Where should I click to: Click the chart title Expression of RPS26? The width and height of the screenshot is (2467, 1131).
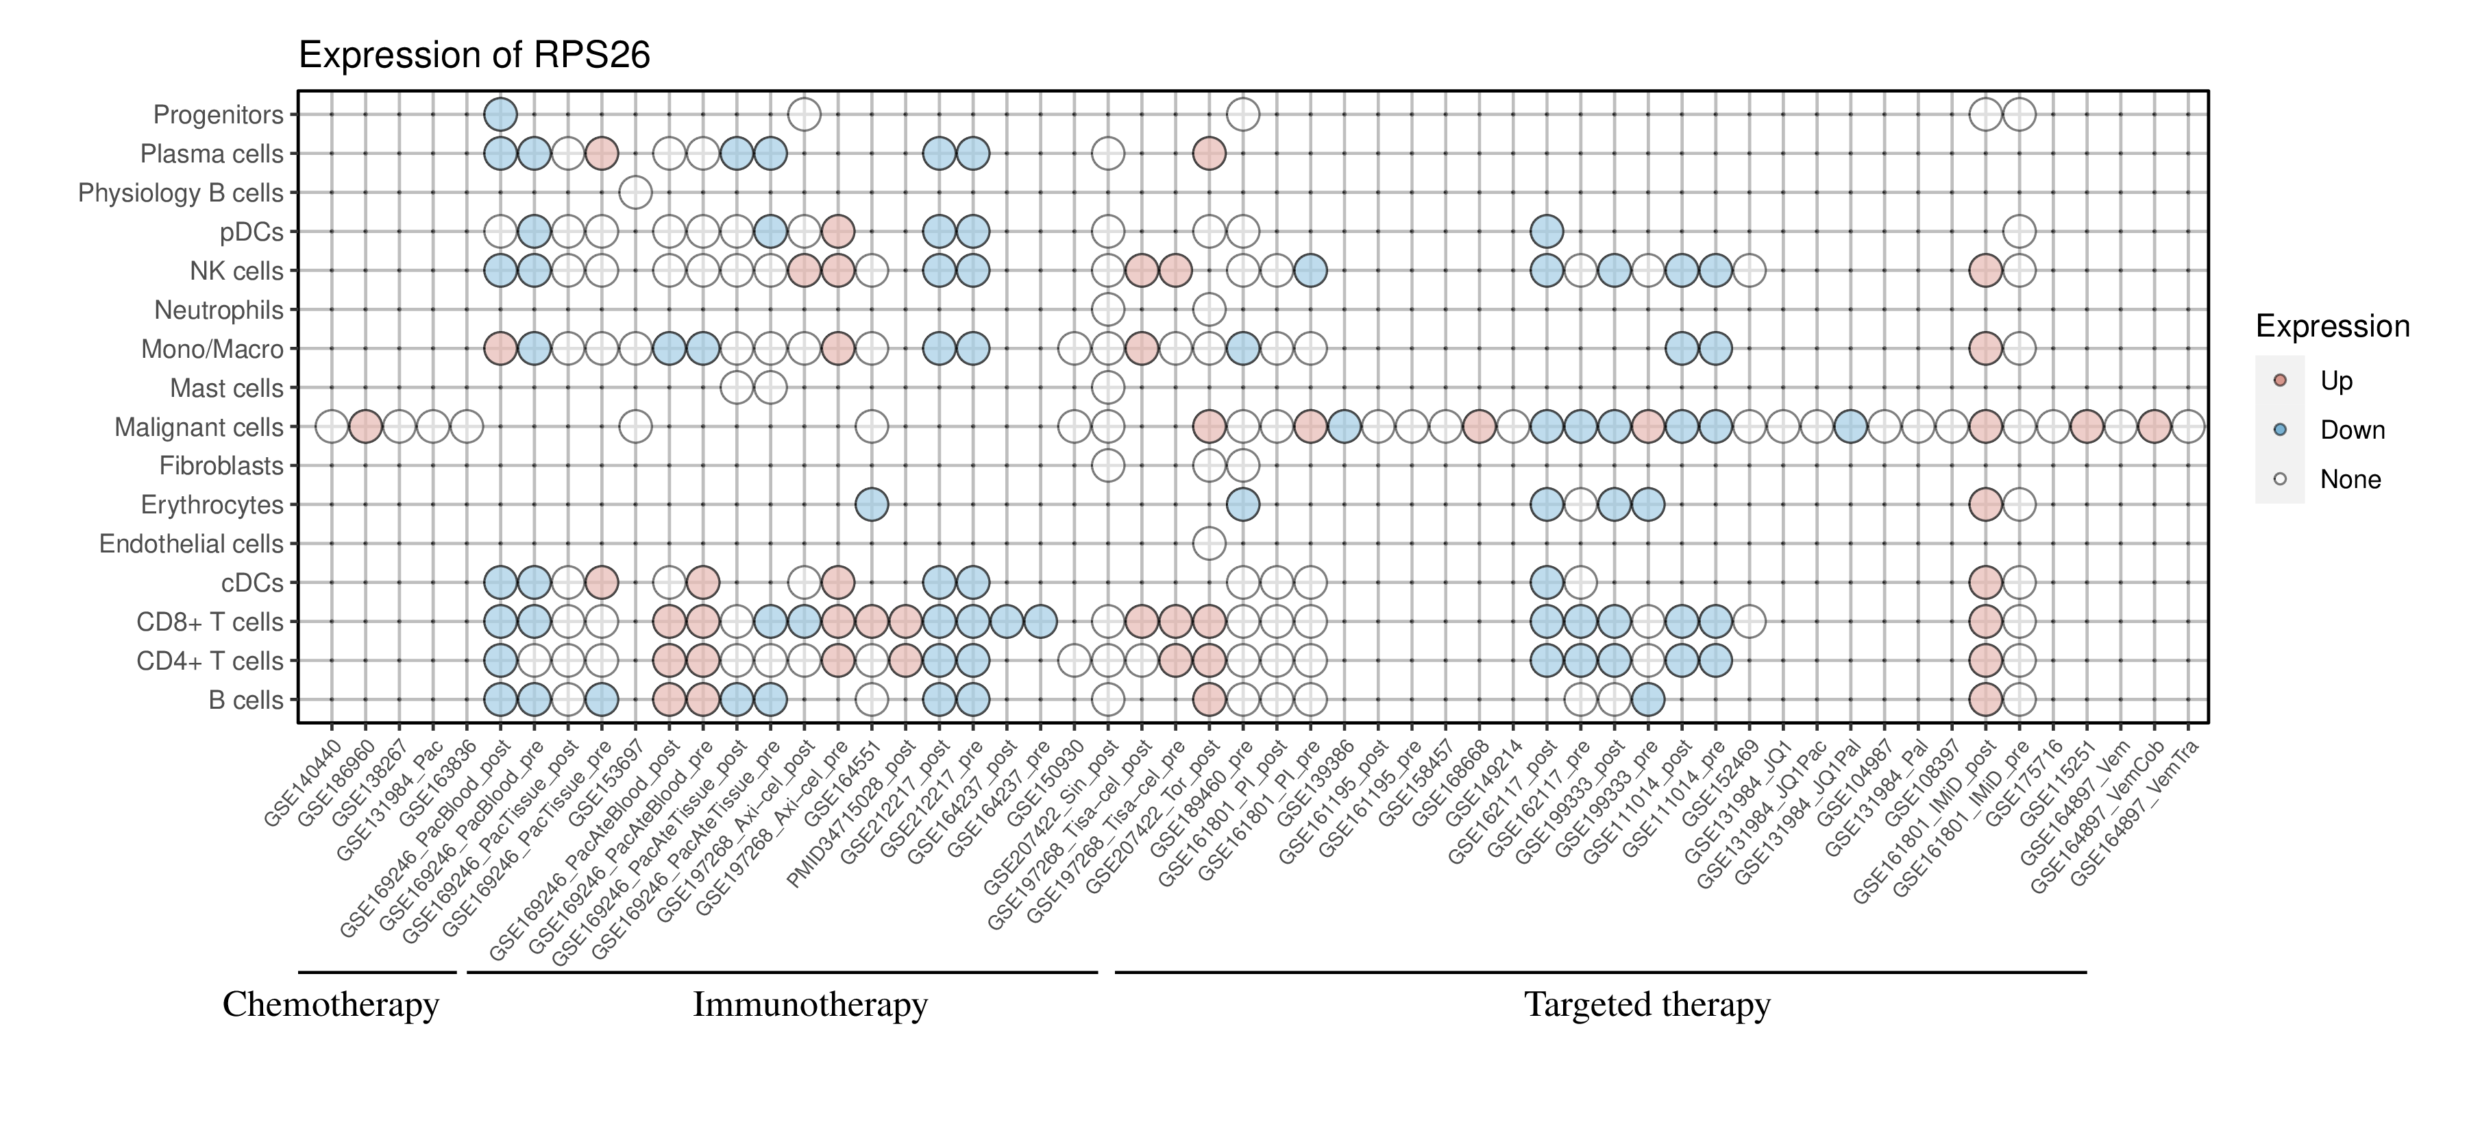(x=474, y=56)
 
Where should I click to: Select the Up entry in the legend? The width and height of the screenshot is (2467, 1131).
(x=2336, y=381)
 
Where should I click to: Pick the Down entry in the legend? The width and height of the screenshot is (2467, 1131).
(x=2351, y=430)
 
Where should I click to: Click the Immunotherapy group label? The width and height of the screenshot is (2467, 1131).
(x=810, y=1005)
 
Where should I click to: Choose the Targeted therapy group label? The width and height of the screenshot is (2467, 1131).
(x=1647, y=1005)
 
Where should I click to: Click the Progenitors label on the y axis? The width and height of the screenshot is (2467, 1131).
(x=219, y=115)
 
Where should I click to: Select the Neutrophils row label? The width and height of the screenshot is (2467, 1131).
(x=219, y=311)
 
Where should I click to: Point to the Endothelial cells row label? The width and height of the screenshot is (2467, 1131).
(x=192, y=544)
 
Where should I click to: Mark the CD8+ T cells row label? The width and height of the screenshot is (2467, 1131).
(x=210, y=622)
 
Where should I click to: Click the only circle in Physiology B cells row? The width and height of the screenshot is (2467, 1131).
(x=635, y=193)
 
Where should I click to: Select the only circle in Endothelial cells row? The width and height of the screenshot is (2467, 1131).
(x=1209, y=544)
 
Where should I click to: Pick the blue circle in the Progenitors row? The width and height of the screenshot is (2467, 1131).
(x=500, y=115)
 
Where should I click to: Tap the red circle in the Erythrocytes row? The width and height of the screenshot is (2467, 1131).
(x=1985, y=504)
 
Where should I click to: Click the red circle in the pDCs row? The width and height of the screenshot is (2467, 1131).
(x=838, y=232)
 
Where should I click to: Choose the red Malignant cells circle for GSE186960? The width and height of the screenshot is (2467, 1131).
(x=365, y=427)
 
